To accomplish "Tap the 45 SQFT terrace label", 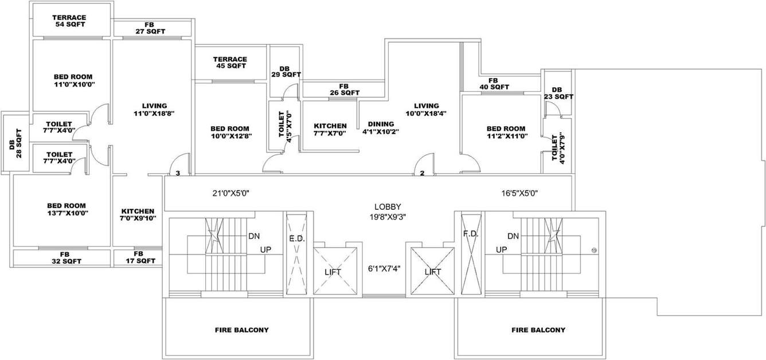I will [230, 62].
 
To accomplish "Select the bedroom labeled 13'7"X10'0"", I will [67, 209].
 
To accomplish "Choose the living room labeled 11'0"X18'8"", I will [154, 109].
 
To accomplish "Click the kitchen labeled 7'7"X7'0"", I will [330, 130].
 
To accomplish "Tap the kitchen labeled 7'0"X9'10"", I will [138, 214].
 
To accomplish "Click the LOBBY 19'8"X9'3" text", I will [388, 211].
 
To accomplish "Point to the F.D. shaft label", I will [470, 234].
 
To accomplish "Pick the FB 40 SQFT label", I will [493, 84].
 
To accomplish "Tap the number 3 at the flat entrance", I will [178, 173].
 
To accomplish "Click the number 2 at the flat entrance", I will [422, 173].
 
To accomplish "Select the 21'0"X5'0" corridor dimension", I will [230, 194].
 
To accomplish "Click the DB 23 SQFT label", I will [558, 93].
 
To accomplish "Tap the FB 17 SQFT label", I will [138, 257].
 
